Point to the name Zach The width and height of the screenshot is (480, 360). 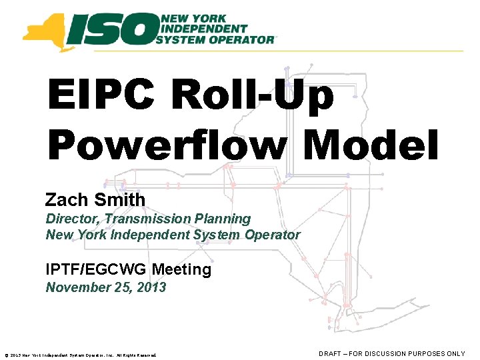click(x=68, y=199)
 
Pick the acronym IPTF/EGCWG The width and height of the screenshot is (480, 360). click(x=96, y=270)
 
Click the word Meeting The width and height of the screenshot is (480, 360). click(x=181, y=270)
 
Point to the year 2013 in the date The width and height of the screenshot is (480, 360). click(x=151, y=288)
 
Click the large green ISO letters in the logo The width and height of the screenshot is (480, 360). click(x=113, y=29)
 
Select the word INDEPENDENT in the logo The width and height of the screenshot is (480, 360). click(x=201, y=29)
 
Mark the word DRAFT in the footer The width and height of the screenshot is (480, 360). click(x=331, y=353)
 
